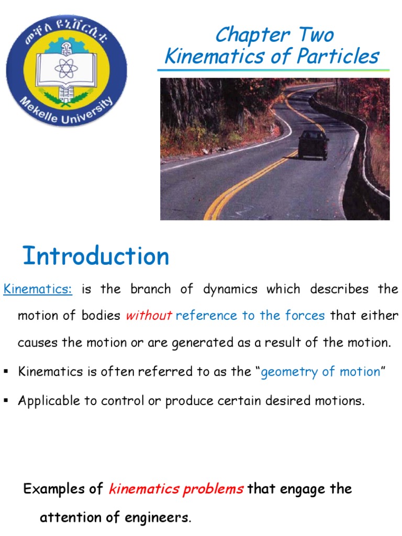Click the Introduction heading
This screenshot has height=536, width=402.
96,256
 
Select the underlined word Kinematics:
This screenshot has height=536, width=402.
38,289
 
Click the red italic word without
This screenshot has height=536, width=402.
149,316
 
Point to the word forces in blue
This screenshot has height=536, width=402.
305,316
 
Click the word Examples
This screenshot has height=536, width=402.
56,489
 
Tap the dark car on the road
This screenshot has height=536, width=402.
314,144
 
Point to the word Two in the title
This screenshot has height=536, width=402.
316,35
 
